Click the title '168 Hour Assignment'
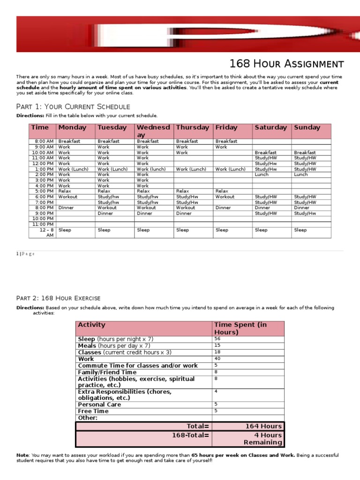click(286, 64)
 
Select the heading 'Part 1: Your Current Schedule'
click(73, 106)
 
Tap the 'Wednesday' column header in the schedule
click(153, 131)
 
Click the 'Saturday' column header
click(270, 127)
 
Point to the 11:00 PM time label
click(43, 224)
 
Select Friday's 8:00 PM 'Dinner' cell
click(223, 208)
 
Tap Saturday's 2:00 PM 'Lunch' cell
click(262, 174)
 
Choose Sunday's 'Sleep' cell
click(300, 230)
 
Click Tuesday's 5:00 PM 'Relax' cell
click(104, 191)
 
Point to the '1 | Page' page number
click(25, 254)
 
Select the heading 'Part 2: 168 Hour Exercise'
click(58, 298)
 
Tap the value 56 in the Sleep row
click(217, 338)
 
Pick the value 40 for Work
click(217, 359)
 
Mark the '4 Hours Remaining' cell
click(262, 439)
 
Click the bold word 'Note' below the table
click(22, 455)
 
